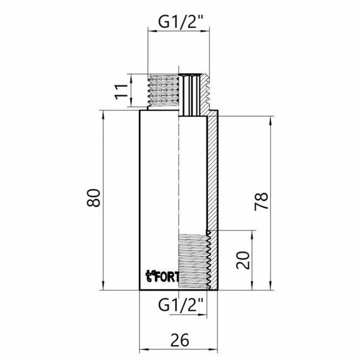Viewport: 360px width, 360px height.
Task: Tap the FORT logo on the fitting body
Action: coord(162,275)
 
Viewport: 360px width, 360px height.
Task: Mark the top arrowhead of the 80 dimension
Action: coord(104,114)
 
